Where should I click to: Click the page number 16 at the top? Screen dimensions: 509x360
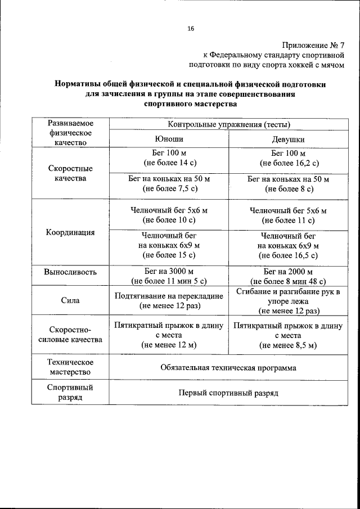191,29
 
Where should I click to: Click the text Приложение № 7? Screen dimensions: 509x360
312,45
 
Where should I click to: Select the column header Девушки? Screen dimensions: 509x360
288,139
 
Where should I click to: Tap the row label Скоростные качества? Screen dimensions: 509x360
70,173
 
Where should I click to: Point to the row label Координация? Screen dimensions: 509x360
70,232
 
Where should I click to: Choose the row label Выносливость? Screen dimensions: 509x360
70,272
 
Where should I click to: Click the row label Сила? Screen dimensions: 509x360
70,300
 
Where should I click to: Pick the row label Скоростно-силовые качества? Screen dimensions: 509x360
70,335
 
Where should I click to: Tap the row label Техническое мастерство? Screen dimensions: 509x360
70,367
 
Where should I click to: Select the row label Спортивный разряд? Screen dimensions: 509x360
70,392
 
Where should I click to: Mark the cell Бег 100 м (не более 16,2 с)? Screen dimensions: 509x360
288,158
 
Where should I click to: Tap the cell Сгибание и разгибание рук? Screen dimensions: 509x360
288,301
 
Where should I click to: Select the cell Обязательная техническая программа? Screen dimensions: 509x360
228,368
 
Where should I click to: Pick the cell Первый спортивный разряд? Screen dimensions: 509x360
228,393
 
